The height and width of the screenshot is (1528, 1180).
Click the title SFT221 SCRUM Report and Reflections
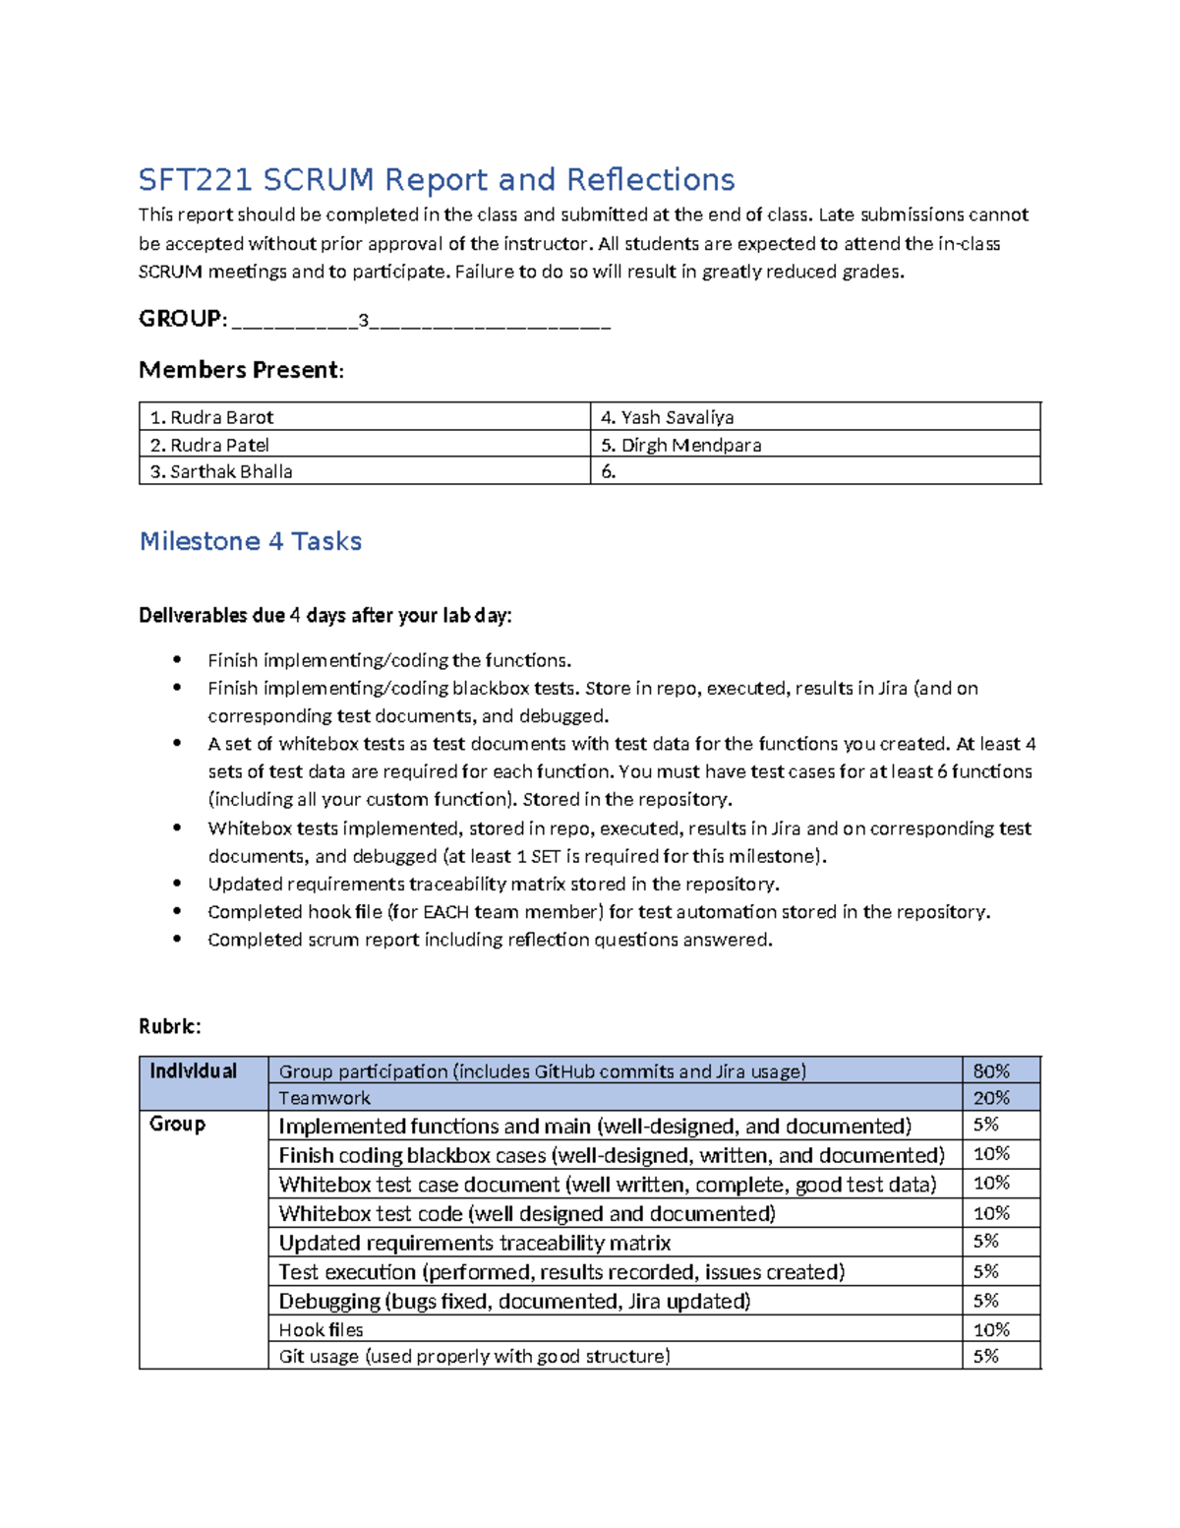[x=436, y=180]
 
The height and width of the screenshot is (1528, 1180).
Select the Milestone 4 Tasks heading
[x=250, y=541]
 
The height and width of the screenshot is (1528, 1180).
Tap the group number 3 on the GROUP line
[x=364, y=320]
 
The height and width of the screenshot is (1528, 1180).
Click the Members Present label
[x=241, y=370]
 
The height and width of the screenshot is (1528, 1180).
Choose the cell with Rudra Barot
[x=363, y=417]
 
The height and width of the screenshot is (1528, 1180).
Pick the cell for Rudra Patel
[x=363, y=445]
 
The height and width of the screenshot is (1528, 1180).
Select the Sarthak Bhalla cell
[x=363, y=471]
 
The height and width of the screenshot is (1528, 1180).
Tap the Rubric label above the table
[x=169, y=1026]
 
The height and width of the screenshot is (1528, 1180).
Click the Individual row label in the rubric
[x=194, y=1071]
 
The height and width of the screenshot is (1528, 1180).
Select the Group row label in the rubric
[x=177, y=1124]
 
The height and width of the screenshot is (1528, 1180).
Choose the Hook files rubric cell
[x=615, y=1330]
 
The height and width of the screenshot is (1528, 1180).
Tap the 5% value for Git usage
[x=986, y=1356]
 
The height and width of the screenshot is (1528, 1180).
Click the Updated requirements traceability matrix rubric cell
[x=615, y=1243]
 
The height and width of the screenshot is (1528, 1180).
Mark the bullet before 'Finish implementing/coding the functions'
[x=177, y=660]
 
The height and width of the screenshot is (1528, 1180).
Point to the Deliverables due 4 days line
[x=324, y=616]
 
